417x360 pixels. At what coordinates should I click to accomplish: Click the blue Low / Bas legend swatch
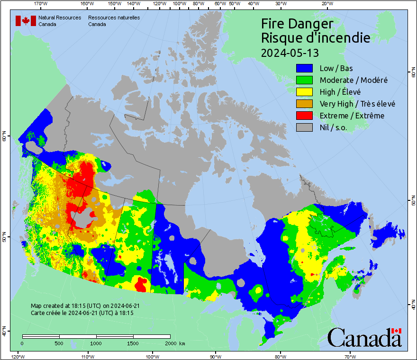(x=305, y=68)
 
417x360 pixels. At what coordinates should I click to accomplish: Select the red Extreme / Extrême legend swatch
(x=305, y=116)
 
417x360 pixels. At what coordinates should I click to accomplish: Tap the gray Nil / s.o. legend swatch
(x=305, y=127)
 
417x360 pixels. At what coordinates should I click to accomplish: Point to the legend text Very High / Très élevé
(x=357, y=104)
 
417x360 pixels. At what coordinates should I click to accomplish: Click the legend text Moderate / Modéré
(x=354, y=80)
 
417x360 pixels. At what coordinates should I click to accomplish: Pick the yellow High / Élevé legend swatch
(x=305, y=92)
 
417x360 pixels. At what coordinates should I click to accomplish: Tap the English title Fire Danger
(x=297, y=24)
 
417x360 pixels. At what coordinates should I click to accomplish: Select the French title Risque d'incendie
(x=316, y=38)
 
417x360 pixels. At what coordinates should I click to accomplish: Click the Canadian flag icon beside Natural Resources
(x=26, y=21)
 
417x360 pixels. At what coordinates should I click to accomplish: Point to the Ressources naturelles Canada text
(x=114, y=21)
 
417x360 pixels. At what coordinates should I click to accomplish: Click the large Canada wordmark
(x=364, y=337)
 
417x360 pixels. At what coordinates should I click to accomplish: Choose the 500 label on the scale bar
(x=59, y=343)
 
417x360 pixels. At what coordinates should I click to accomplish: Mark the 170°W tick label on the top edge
(x=41, y=4)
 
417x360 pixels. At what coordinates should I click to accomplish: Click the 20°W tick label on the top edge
(x=326, y=4)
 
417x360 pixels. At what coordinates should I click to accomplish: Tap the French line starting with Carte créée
(x=82, y=313)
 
